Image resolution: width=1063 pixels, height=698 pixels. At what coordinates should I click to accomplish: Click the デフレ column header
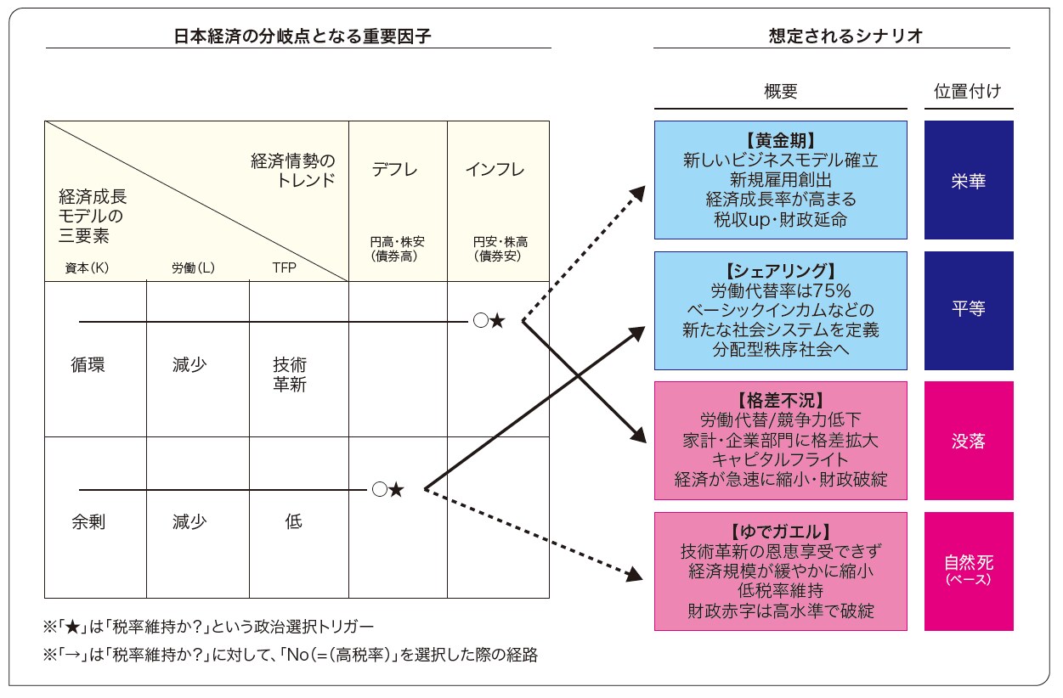395,169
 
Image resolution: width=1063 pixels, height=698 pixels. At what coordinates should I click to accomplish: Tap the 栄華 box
969,180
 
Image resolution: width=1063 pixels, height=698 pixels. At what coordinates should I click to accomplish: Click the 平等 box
969,310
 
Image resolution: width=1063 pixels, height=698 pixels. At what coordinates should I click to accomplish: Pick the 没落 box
969,441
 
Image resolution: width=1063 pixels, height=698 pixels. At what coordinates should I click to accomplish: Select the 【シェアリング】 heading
780,271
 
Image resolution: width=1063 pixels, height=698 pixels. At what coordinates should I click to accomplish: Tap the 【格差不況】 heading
780,401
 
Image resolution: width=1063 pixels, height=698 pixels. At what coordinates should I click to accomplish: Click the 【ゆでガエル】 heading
780,532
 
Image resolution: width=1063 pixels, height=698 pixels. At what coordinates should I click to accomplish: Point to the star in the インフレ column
498,321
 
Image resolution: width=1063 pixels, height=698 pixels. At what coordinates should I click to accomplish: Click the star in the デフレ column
396,490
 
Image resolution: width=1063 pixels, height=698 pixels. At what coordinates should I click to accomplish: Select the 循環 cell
88,366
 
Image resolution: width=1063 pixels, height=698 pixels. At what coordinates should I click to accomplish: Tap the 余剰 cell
88,522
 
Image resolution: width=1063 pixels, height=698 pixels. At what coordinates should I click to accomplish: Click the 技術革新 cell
290,374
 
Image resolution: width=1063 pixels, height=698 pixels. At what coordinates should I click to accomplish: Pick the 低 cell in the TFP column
293,522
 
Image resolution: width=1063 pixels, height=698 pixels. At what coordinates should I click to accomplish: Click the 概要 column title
780,92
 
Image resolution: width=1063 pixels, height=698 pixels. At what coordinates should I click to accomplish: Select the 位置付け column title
968,92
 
